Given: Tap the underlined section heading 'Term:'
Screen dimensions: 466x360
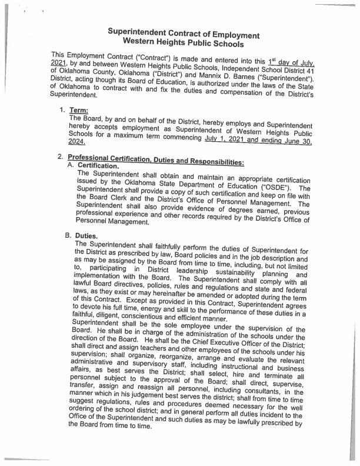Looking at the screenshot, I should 79,109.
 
